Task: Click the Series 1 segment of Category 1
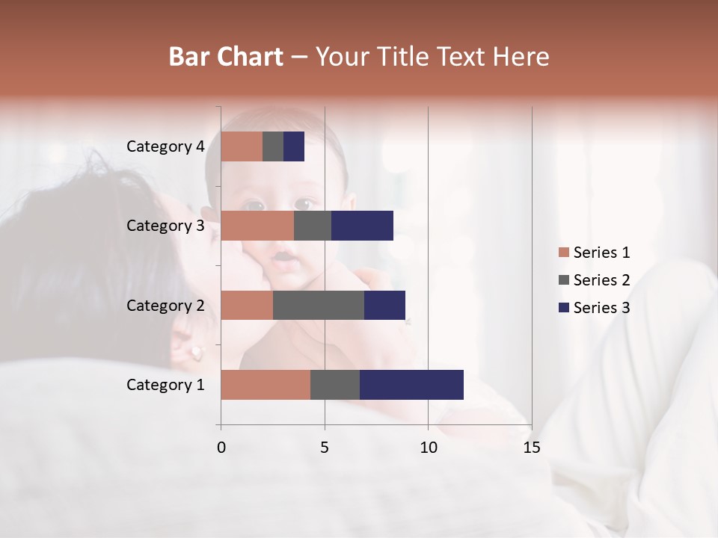[x=266, y=385]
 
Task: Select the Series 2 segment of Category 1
[x=335, y=385]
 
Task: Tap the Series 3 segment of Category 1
[x=411, y=385]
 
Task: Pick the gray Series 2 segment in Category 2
[x=319, y=305]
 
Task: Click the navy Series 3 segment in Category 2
[x=384, y=305]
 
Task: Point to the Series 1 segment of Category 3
[x=257, y=226]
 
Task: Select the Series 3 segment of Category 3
[x=362, y=226]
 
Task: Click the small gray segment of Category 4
[x=273, y=146]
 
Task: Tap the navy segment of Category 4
[x=294, y=146]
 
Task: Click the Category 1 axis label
[x=165, y=385]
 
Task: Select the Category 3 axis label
[x=165, y=226]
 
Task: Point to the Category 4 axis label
[x=165, y=146]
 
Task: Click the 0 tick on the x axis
[x=221, y=448]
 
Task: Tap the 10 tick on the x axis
[x=428, y=448]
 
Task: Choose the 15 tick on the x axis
[x=531, y=448]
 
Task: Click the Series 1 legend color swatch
[x=563, y=253]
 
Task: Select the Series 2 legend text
[x=601, y=280]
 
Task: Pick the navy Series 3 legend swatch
[x=563, y=308]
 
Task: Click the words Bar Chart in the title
[x=226, y=57]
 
